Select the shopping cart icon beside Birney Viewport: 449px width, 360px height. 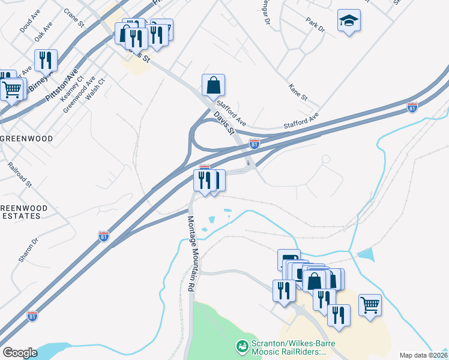(11, 90)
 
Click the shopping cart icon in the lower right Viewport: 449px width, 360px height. (370, 304)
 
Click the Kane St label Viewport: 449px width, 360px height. (298, 92)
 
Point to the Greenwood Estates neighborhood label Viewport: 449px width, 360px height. (23, 212)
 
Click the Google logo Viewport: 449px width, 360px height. (20, 353)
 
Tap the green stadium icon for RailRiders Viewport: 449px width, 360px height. (243, 347)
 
